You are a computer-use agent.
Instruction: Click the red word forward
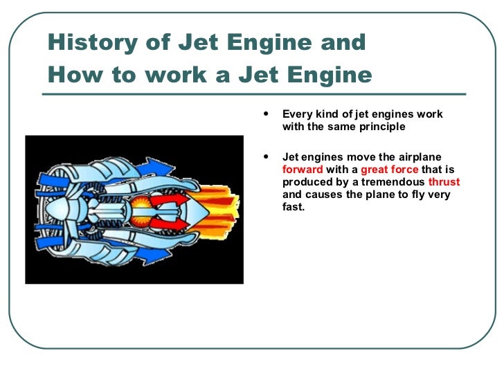303,170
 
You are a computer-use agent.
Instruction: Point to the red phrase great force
390,170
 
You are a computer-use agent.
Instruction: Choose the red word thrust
444,182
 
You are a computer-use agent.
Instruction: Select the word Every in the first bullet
298,114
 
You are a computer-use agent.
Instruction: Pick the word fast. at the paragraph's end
294,207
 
